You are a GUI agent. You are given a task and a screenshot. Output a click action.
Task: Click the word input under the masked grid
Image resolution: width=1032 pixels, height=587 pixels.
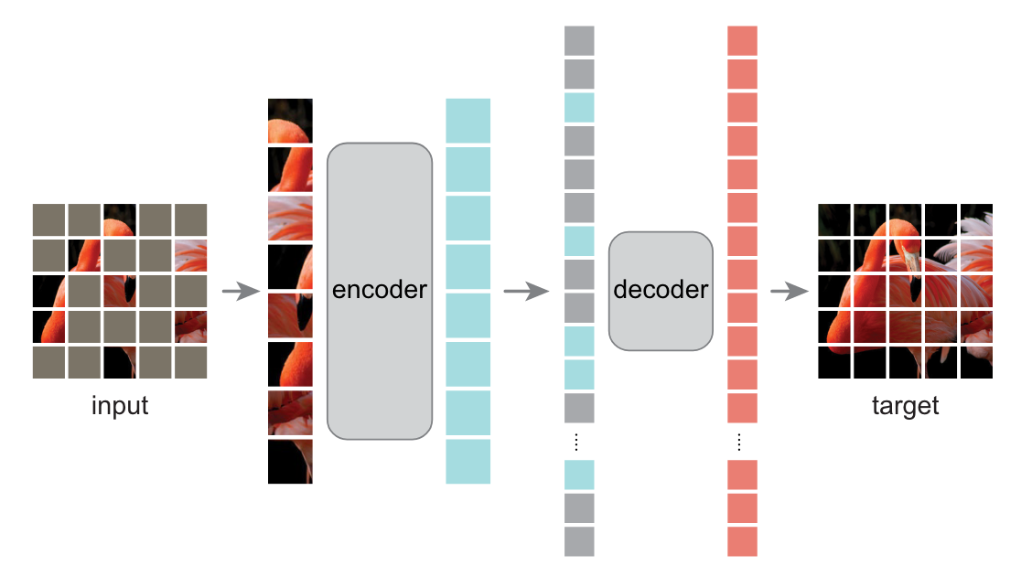tap(119, 405)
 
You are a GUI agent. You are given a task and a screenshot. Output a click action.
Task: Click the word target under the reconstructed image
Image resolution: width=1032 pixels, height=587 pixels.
tap(905, 405)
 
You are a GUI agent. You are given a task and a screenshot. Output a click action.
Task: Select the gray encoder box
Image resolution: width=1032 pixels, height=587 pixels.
tap(379, 291)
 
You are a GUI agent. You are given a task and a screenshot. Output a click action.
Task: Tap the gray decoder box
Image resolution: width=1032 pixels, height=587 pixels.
tap(661, 291)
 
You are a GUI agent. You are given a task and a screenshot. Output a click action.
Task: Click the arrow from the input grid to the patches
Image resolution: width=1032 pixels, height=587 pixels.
tap(241, 292)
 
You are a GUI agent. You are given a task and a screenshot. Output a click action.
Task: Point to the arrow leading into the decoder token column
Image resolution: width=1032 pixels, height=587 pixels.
tap(525, 292)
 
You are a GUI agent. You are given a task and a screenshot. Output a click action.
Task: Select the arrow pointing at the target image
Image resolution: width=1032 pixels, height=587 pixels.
tap(790, 292)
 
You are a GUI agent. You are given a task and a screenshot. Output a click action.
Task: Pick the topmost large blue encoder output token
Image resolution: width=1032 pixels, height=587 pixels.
tap(468, 121)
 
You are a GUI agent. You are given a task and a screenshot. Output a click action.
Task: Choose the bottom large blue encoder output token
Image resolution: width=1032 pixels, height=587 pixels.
tap(468, 462)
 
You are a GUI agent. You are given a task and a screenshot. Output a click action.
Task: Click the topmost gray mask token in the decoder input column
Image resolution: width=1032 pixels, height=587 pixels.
tap(579, 40)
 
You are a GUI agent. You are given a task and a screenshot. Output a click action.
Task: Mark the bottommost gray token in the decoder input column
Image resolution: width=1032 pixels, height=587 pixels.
tap(579, 541)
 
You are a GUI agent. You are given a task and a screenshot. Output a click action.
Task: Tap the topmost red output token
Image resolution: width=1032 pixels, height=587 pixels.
tap(742, 40)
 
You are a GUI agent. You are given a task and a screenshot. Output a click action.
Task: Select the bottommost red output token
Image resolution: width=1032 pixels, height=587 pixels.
tap(742, 541)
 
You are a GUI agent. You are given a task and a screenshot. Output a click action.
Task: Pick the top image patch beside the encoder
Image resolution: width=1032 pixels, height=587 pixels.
tap(290, 121)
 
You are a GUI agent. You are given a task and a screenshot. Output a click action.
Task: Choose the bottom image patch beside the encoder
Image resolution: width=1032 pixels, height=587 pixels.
tap(290, 462)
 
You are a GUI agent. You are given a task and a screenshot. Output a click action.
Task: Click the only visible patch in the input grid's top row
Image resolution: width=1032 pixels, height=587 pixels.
tap(119, 219)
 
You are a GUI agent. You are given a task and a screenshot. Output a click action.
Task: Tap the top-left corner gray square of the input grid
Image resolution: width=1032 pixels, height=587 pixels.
tap(48, 219)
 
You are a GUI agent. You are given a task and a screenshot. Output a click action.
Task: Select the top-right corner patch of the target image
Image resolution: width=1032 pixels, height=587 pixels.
tap(976, 219)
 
